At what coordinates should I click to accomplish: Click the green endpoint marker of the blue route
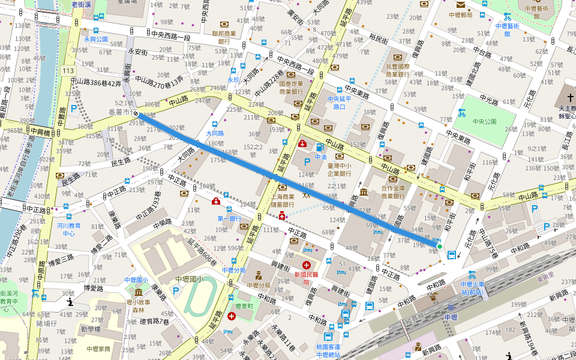[439, 247]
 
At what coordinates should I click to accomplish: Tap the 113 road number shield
[68, 71]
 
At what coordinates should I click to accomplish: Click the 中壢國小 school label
[190, 279]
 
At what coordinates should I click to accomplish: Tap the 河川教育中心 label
[69, 229]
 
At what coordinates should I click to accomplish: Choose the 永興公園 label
[96, 39]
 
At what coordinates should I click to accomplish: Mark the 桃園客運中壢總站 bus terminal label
[329, 350]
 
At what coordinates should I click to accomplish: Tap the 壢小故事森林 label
[139, 306]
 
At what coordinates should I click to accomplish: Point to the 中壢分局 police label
[259, 285]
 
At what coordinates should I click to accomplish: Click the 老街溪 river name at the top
[80, 4]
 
